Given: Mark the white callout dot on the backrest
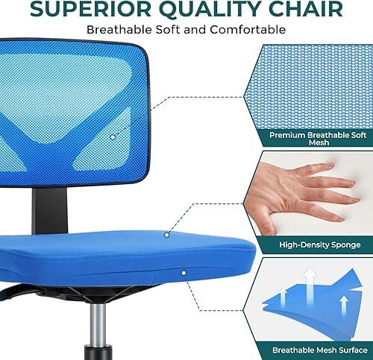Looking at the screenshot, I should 112,136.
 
